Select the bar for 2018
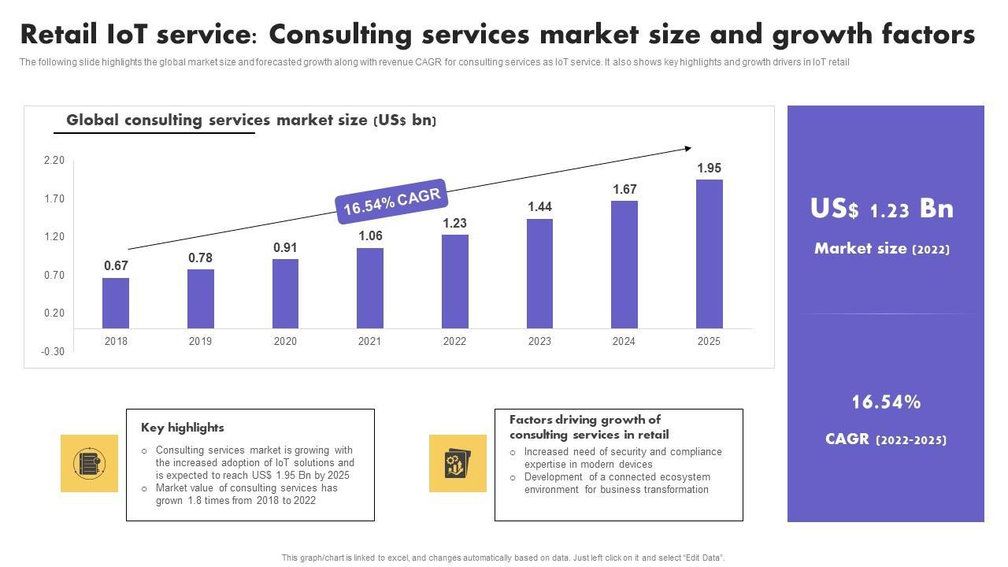[116, 303]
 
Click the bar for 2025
[710, 254]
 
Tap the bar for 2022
[454, 281]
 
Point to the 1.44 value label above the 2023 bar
[539, 206]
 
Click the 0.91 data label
[285, 247]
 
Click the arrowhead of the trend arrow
[688, 148]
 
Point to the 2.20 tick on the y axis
[54, 161]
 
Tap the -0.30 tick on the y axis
[53, 351]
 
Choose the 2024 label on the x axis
[624, 341]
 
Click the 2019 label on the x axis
[200, 341]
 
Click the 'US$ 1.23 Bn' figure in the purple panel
[882, 209]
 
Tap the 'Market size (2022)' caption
[882, 249]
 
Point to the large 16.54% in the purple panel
[886, 402]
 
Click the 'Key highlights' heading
[183, 428]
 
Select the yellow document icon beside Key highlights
[89, 463]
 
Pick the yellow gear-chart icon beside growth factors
[458, 463]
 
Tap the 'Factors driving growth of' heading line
[585, 420]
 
